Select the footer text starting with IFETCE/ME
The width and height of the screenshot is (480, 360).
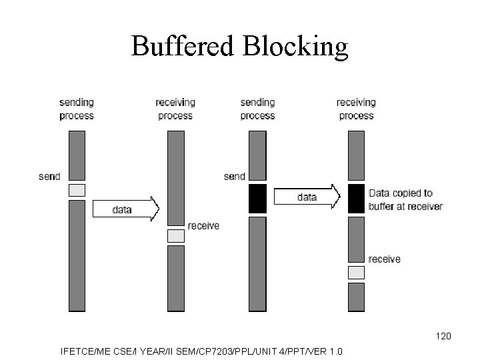pos(201,351)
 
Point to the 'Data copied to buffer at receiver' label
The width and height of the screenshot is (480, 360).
pos(405,199)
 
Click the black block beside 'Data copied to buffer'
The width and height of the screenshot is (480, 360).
pos(357,199)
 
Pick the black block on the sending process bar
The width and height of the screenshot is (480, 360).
pos(257,199)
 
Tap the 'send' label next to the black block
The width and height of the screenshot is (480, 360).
pos(235,177)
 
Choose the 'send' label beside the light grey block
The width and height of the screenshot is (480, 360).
pos(49,177)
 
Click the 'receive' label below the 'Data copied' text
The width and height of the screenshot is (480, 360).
pos(385,259)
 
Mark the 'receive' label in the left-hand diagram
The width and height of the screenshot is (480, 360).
pos(203,226)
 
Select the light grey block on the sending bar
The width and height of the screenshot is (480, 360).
pos(77,190)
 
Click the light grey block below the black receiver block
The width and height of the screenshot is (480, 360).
pos(357,272)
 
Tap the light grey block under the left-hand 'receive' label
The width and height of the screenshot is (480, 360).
pos(175,235)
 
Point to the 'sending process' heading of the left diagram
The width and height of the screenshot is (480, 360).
pos(77,109)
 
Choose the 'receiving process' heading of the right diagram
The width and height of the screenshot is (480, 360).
pos(356,109)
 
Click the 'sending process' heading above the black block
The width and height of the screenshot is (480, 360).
pos(257,109)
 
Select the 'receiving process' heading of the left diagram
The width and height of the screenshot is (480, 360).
pos(175,109)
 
